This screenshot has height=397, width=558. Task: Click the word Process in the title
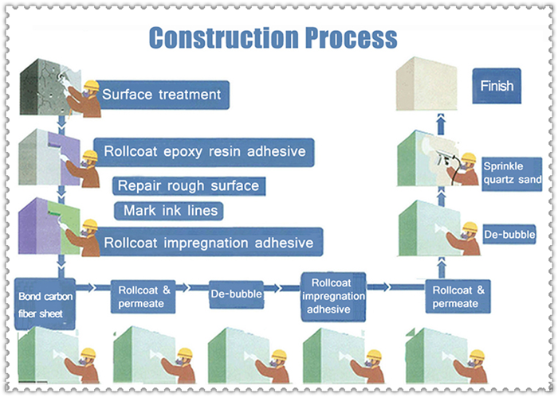[352, 37]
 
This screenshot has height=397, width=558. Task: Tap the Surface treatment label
[163, 95]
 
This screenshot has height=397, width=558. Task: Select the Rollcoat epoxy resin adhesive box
[204, 152]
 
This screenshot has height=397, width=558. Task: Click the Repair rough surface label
[189, 185]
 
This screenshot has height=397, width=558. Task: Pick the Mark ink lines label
[169, 211]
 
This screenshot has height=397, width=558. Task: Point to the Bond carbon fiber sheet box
[45, 305]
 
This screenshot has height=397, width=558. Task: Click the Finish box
[497, 86]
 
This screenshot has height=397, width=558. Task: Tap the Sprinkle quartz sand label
[512, 174]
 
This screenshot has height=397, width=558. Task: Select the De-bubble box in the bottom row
[236, 294]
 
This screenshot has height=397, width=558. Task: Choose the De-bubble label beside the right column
[509, 235]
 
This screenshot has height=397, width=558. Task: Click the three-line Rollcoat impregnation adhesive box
[333, 297]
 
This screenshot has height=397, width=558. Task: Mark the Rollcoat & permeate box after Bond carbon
[143, 297]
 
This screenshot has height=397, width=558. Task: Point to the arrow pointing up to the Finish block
[442, 124]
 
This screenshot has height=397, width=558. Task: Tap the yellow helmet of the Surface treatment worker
[91, 86]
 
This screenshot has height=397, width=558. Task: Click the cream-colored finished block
[426, 84]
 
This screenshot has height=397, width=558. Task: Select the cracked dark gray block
[49, 87]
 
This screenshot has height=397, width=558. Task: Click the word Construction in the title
[224, 37]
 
